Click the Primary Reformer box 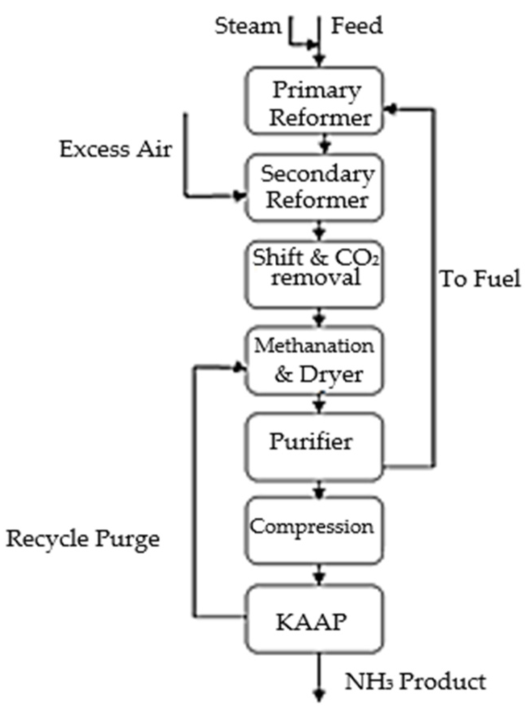pos(314,101)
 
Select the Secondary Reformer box pos(314,188)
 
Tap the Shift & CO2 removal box pos(314,274)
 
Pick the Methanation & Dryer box pos(314,360)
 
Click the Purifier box pos(314,447)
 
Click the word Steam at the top pos(247,27)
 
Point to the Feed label pos(356,27)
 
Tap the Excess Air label pos(116,149)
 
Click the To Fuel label pos(480,279)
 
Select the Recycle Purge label pos(83,539)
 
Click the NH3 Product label pos(415,682)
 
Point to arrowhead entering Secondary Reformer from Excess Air pos(241,196)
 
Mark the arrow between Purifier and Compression pos(319,491)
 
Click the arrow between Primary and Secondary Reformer pos(325,145)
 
